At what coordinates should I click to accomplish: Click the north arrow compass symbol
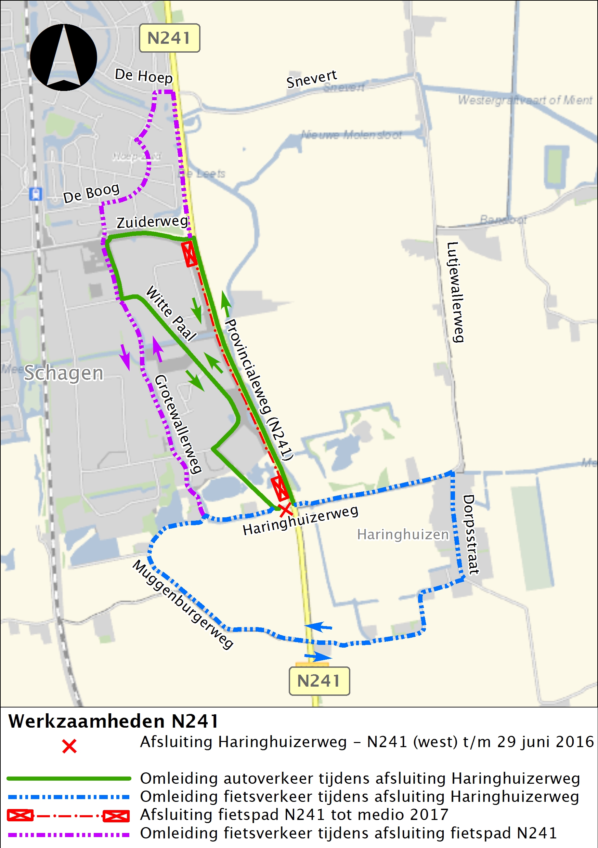64,57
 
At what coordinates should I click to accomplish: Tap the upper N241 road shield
169,38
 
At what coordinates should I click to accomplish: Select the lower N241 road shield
319,681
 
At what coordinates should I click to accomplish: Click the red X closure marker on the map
285,510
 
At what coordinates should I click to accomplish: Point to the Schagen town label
64,373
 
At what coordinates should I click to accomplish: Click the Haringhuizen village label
402,534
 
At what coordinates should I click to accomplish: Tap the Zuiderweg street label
152,222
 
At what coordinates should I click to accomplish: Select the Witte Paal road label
171,313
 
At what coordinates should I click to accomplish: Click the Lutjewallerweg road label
455,292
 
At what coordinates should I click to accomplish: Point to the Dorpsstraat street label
470,535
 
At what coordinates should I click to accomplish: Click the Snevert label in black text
311,79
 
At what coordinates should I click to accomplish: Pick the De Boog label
91,194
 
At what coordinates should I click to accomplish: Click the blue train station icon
36,194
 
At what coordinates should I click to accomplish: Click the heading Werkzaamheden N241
114,721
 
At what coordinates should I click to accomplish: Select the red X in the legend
69,746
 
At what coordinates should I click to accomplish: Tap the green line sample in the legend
69,778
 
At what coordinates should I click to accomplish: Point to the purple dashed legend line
69,834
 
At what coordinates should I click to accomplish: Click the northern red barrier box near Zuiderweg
189,254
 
